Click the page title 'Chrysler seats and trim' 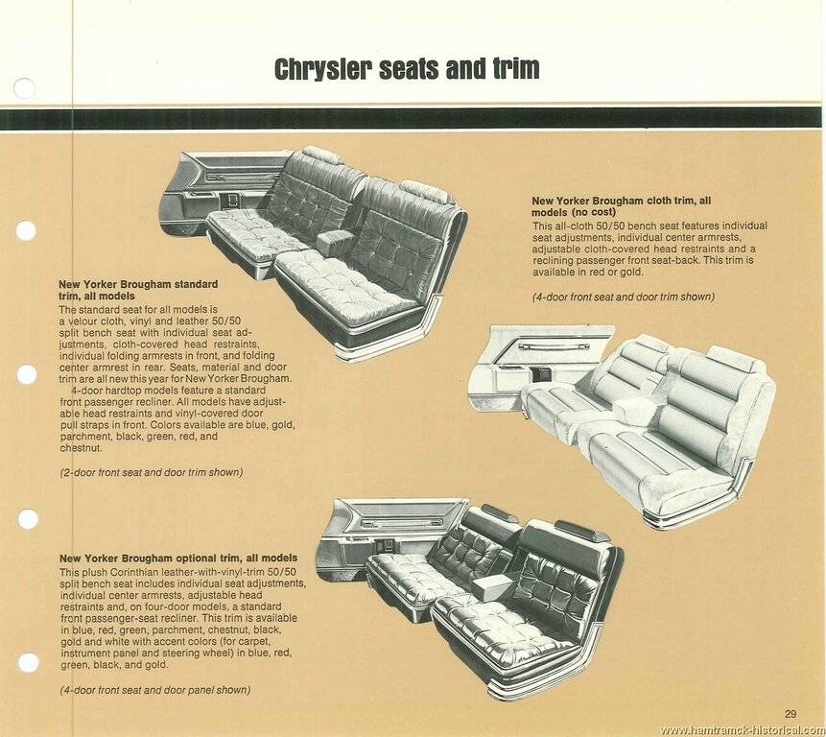click(x=407, y=69)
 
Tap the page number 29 click(x=790, y=713)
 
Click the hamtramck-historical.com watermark click(x=742, y=730)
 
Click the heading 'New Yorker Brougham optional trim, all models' click(x=178, y=558)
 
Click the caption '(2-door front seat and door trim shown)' click(x=151, y=471)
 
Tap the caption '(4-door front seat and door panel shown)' click(x=154, y=689)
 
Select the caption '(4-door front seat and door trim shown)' click(x=623, y=297)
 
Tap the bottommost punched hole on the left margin click(x=27, y=662)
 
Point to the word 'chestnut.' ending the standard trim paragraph click(x=82, y=448)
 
